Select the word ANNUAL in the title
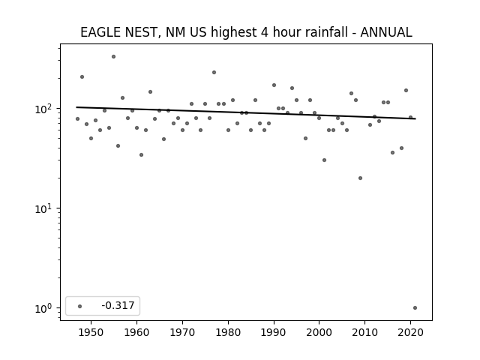pos(386,32)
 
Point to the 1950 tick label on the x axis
pos(91,332)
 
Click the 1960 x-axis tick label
pos(136,332)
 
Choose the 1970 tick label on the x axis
pos(182,332)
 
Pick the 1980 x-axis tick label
pos(228,332)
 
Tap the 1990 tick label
pos(274,332)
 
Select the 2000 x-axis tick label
pos(319,332)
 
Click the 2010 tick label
pos(365,332)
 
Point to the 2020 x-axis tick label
pos(410,332)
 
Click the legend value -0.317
pos(118,305)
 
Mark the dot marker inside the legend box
pos(80,306)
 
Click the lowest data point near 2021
pos(415,308)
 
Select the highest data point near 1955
pos(113,57)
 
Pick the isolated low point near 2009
pos(360,178)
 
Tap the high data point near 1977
pos(214,73)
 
